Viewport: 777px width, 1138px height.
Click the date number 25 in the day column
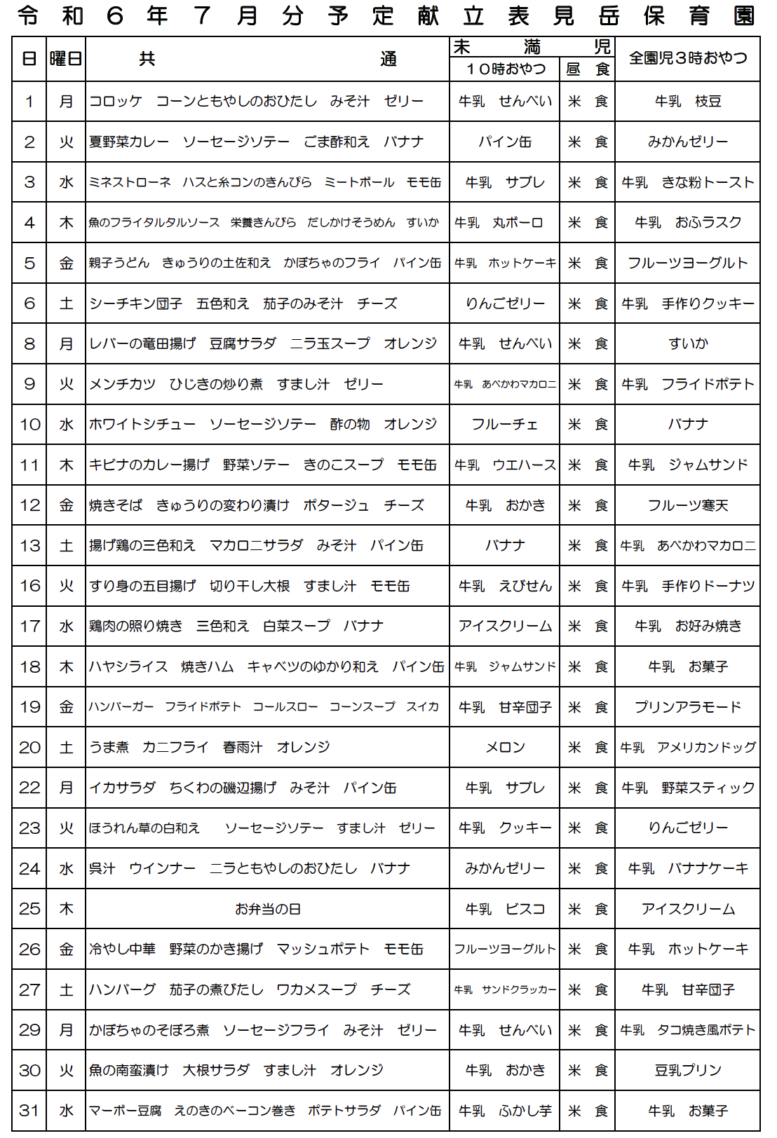tap(29, 909)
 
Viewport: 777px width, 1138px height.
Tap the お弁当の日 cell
tap(267, 909)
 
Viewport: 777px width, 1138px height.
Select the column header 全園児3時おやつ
tap(687, 58)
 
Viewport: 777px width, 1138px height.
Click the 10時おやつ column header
tap(505, 69)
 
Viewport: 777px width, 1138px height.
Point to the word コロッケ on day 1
tap(116, 102)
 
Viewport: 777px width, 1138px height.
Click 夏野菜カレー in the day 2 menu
tap(129, 142)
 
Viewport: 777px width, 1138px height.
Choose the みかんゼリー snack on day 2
tap(687, 142)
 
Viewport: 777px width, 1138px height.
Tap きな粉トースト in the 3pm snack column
tap(708, 183)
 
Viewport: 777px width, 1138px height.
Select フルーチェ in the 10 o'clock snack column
tap(505, 425)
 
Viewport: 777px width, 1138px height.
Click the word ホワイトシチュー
tap(142, 425)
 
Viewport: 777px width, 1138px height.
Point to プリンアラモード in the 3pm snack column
tap(687, 707)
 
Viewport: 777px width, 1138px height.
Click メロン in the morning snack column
tap(505, 748)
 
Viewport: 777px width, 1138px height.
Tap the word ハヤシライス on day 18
tap(128, 666)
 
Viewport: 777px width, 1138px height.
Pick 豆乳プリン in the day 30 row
tap(687, 1071)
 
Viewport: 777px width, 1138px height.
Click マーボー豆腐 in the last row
tap(126, 1111)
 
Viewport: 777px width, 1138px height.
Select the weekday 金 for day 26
tap(66, 950)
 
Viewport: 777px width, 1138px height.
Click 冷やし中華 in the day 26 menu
tap(122, 950)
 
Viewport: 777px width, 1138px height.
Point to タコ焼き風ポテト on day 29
tap(705, 1030)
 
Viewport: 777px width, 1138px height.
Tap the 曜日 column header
tap(66, 59)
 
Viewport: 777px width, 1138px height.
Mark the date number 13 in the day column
tap(29, 546)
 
